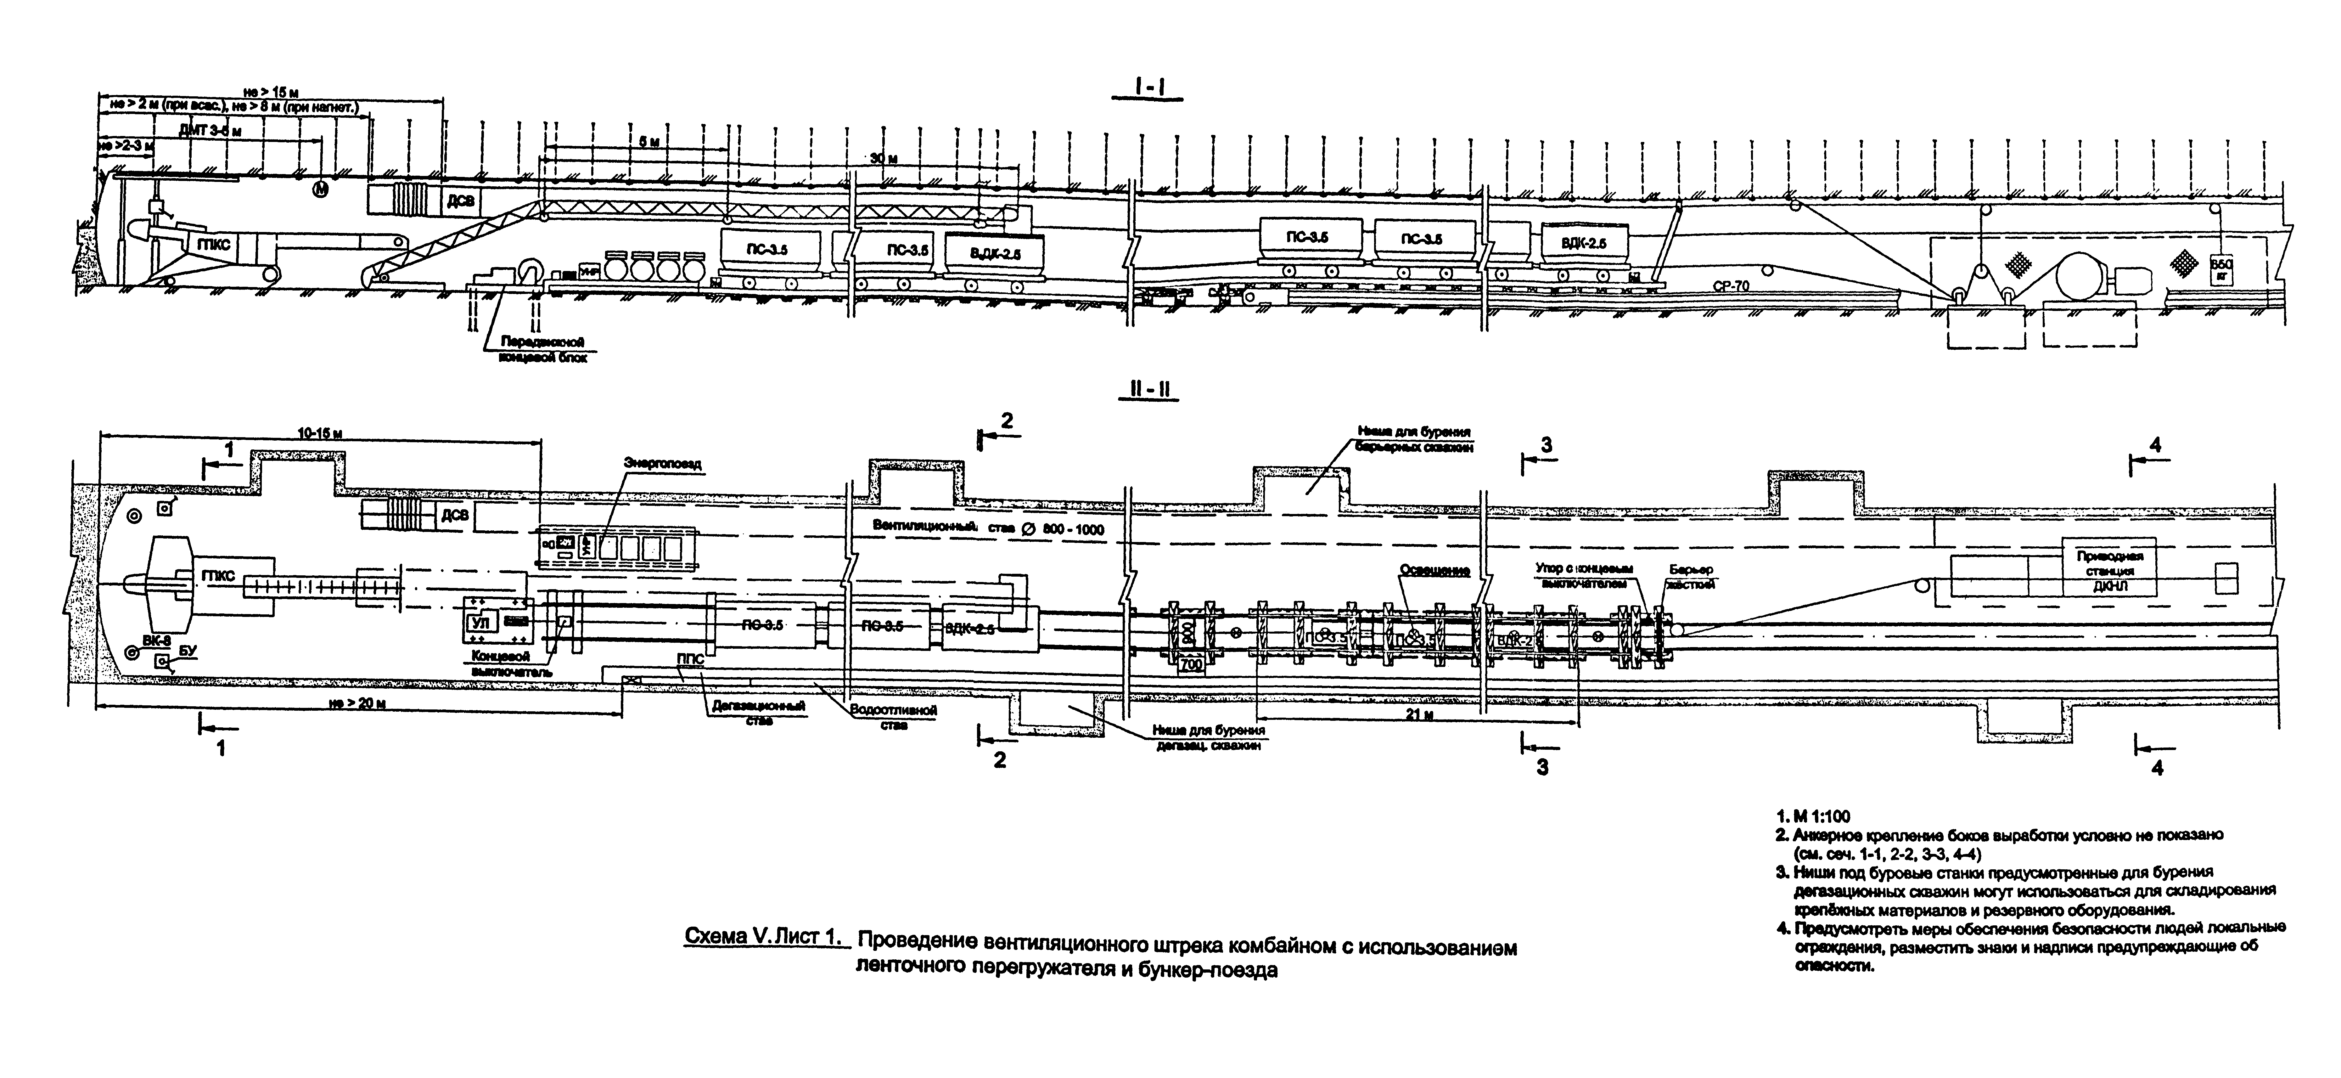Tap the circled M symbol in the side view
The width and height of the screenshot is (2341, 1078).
320,190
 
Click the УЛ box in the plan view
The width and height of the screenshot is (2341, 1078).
481,623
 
